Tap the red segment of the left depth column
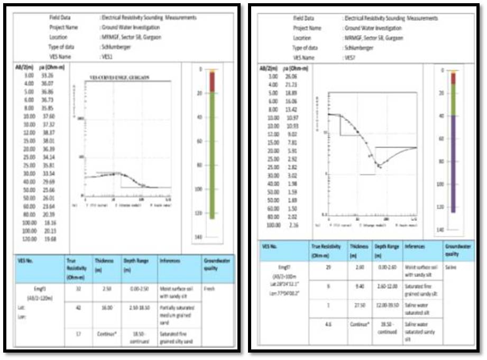212,82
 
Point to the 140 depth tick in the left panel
198,237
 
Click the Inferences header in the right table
415,247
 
